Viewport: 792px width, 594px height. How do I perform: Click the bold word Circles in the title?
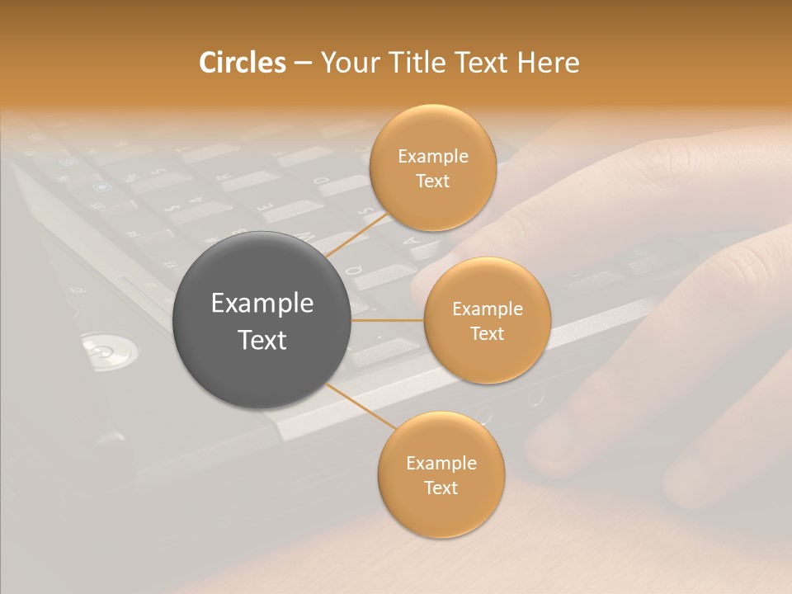[x=243, y=63]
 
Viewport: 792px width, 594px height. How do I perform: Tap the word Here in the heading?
[x=548, y=63]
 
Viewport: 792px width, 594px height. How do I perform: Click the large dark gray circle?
[x=262, y=320]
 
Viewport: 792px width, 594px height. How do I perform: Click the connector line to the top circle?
[x=356, y=234]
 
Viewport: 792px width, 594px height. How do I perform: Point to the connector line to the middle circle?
[x=387, y=320]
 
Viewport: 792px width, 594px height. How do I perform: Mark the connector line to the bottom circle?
[x=361, y=406]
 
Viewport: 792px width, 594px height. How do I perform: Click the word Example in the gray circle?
[x=262, y=304]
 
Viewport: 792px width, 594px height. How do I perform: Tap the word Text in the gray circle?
[x=262, y=340]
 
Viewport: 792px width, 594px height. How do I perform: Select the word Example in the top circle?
[x=433, y=156]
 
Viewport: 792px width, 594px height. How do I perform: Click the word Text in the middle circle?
[x=487, y=333]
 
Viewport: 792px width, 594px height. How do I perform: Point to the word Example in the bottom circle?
[x=441, y=463]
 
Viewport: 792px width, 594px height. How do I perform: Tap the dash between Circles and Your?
[x=303, y=63]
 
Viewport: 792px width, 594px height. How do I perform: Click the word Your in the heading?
[x=348, y=63]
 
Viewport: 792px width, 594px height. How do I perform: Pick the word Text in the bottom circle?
[x=441, y=488]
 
